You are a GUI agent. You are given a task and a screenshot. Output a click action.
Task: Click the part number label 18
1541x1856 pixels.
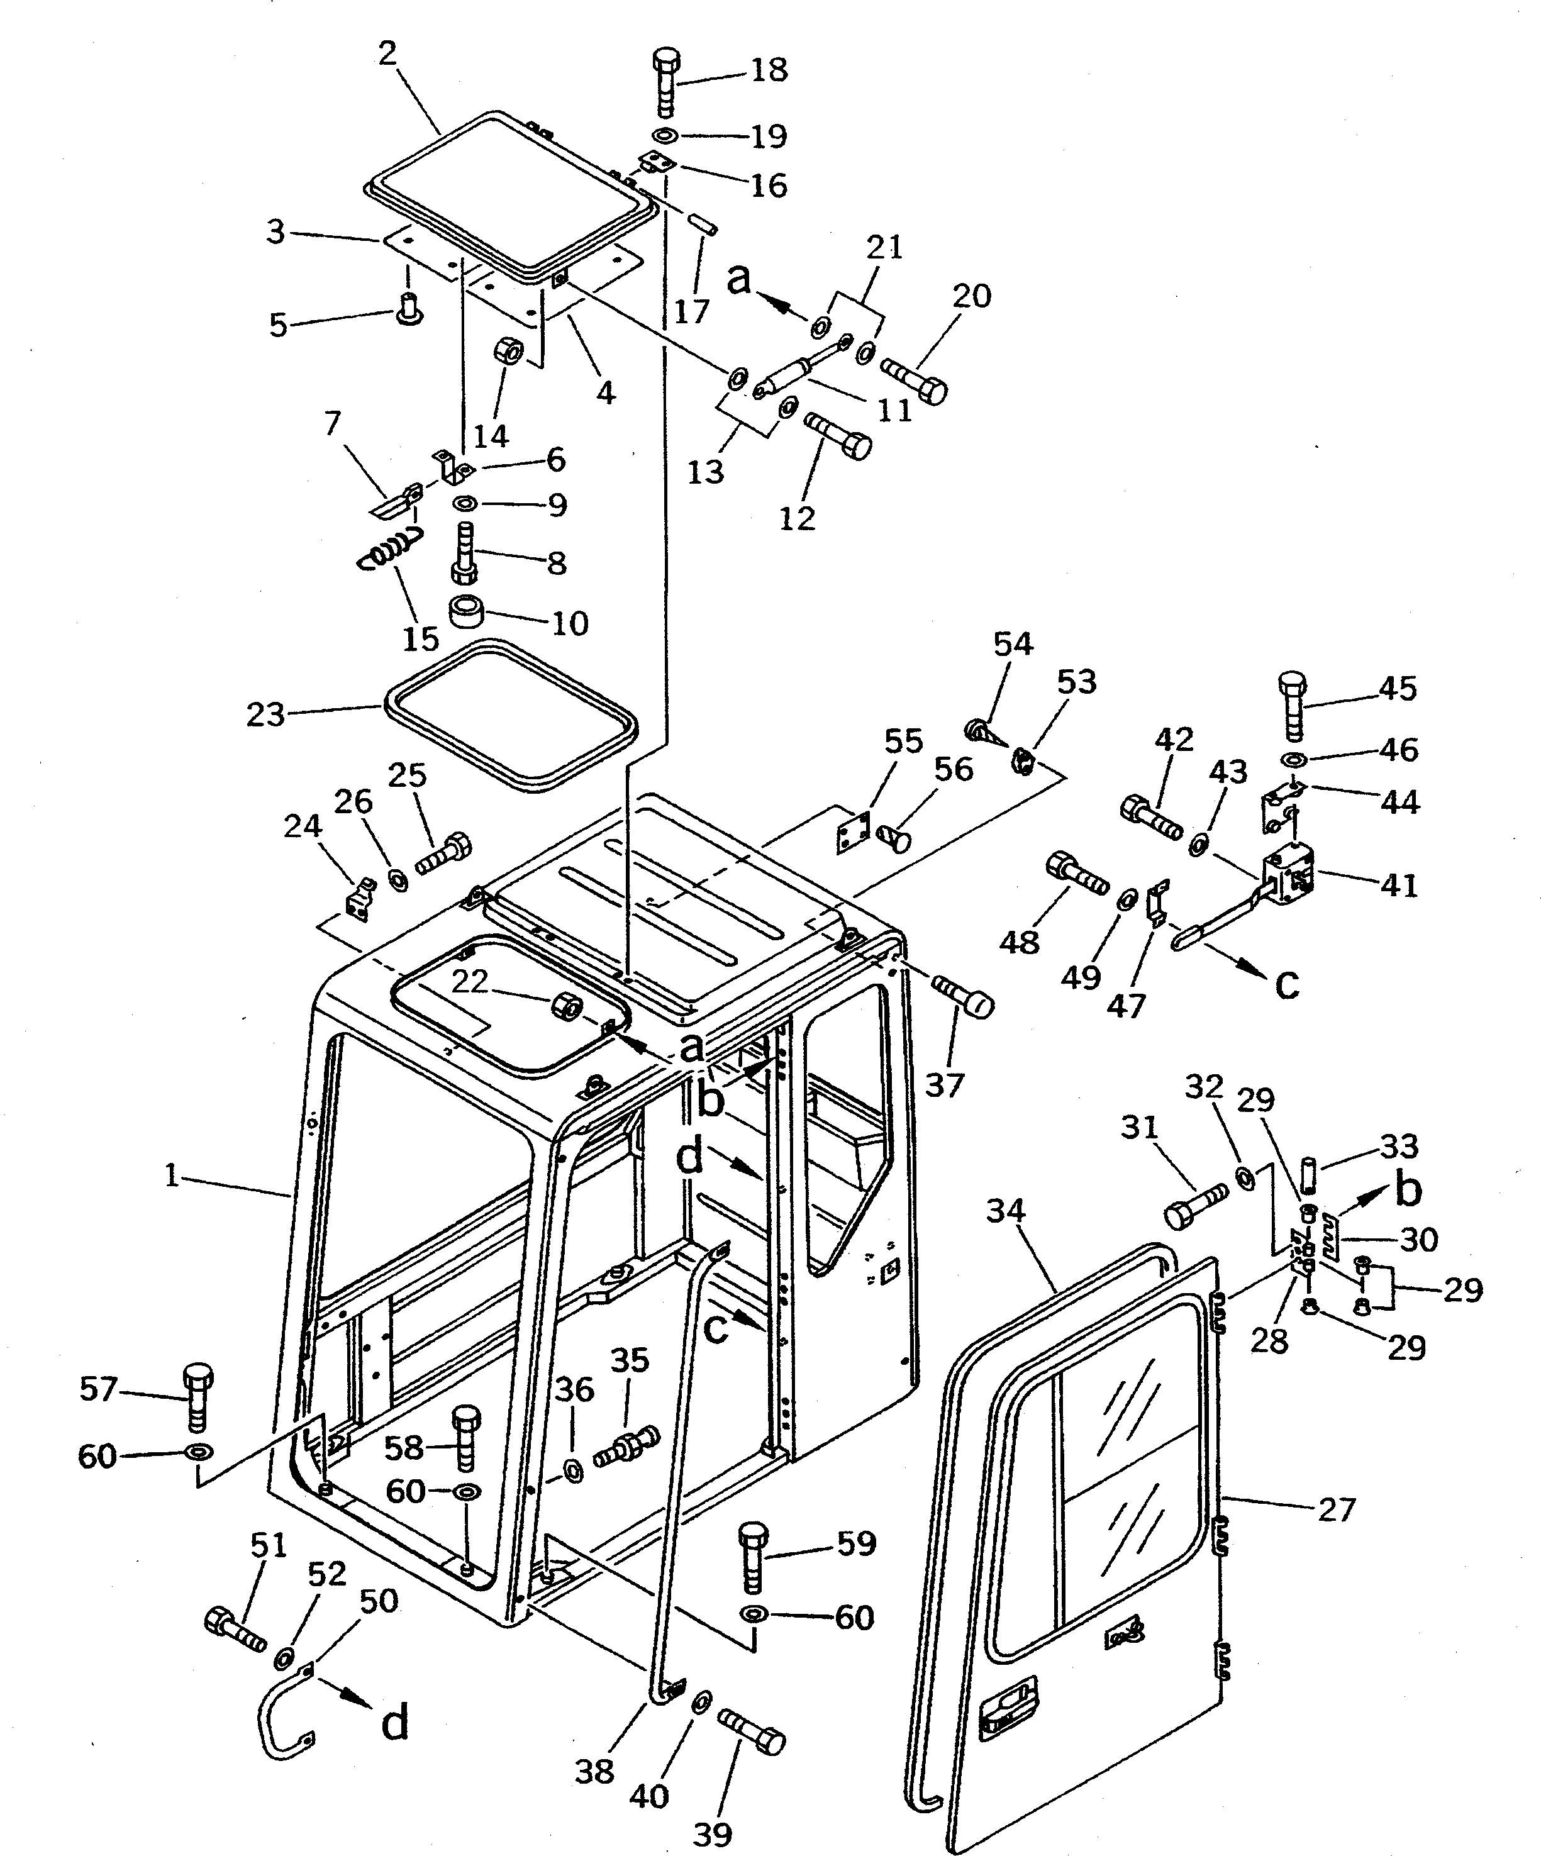(768, 70)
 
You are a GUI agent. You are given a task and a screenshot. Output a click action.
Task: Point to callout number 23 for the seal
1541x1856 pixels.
(265, 714)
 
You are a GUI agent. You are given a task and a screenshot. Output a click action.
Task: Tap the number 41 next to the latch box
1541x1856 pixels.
(1399, 885)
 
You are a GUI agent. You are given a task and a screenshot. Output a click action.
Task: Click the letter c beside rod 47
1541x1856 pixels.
(1288, 983)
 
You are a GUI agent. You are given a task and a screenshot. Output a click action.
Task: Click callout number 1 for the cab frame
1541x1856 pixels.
(172, 1175)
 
